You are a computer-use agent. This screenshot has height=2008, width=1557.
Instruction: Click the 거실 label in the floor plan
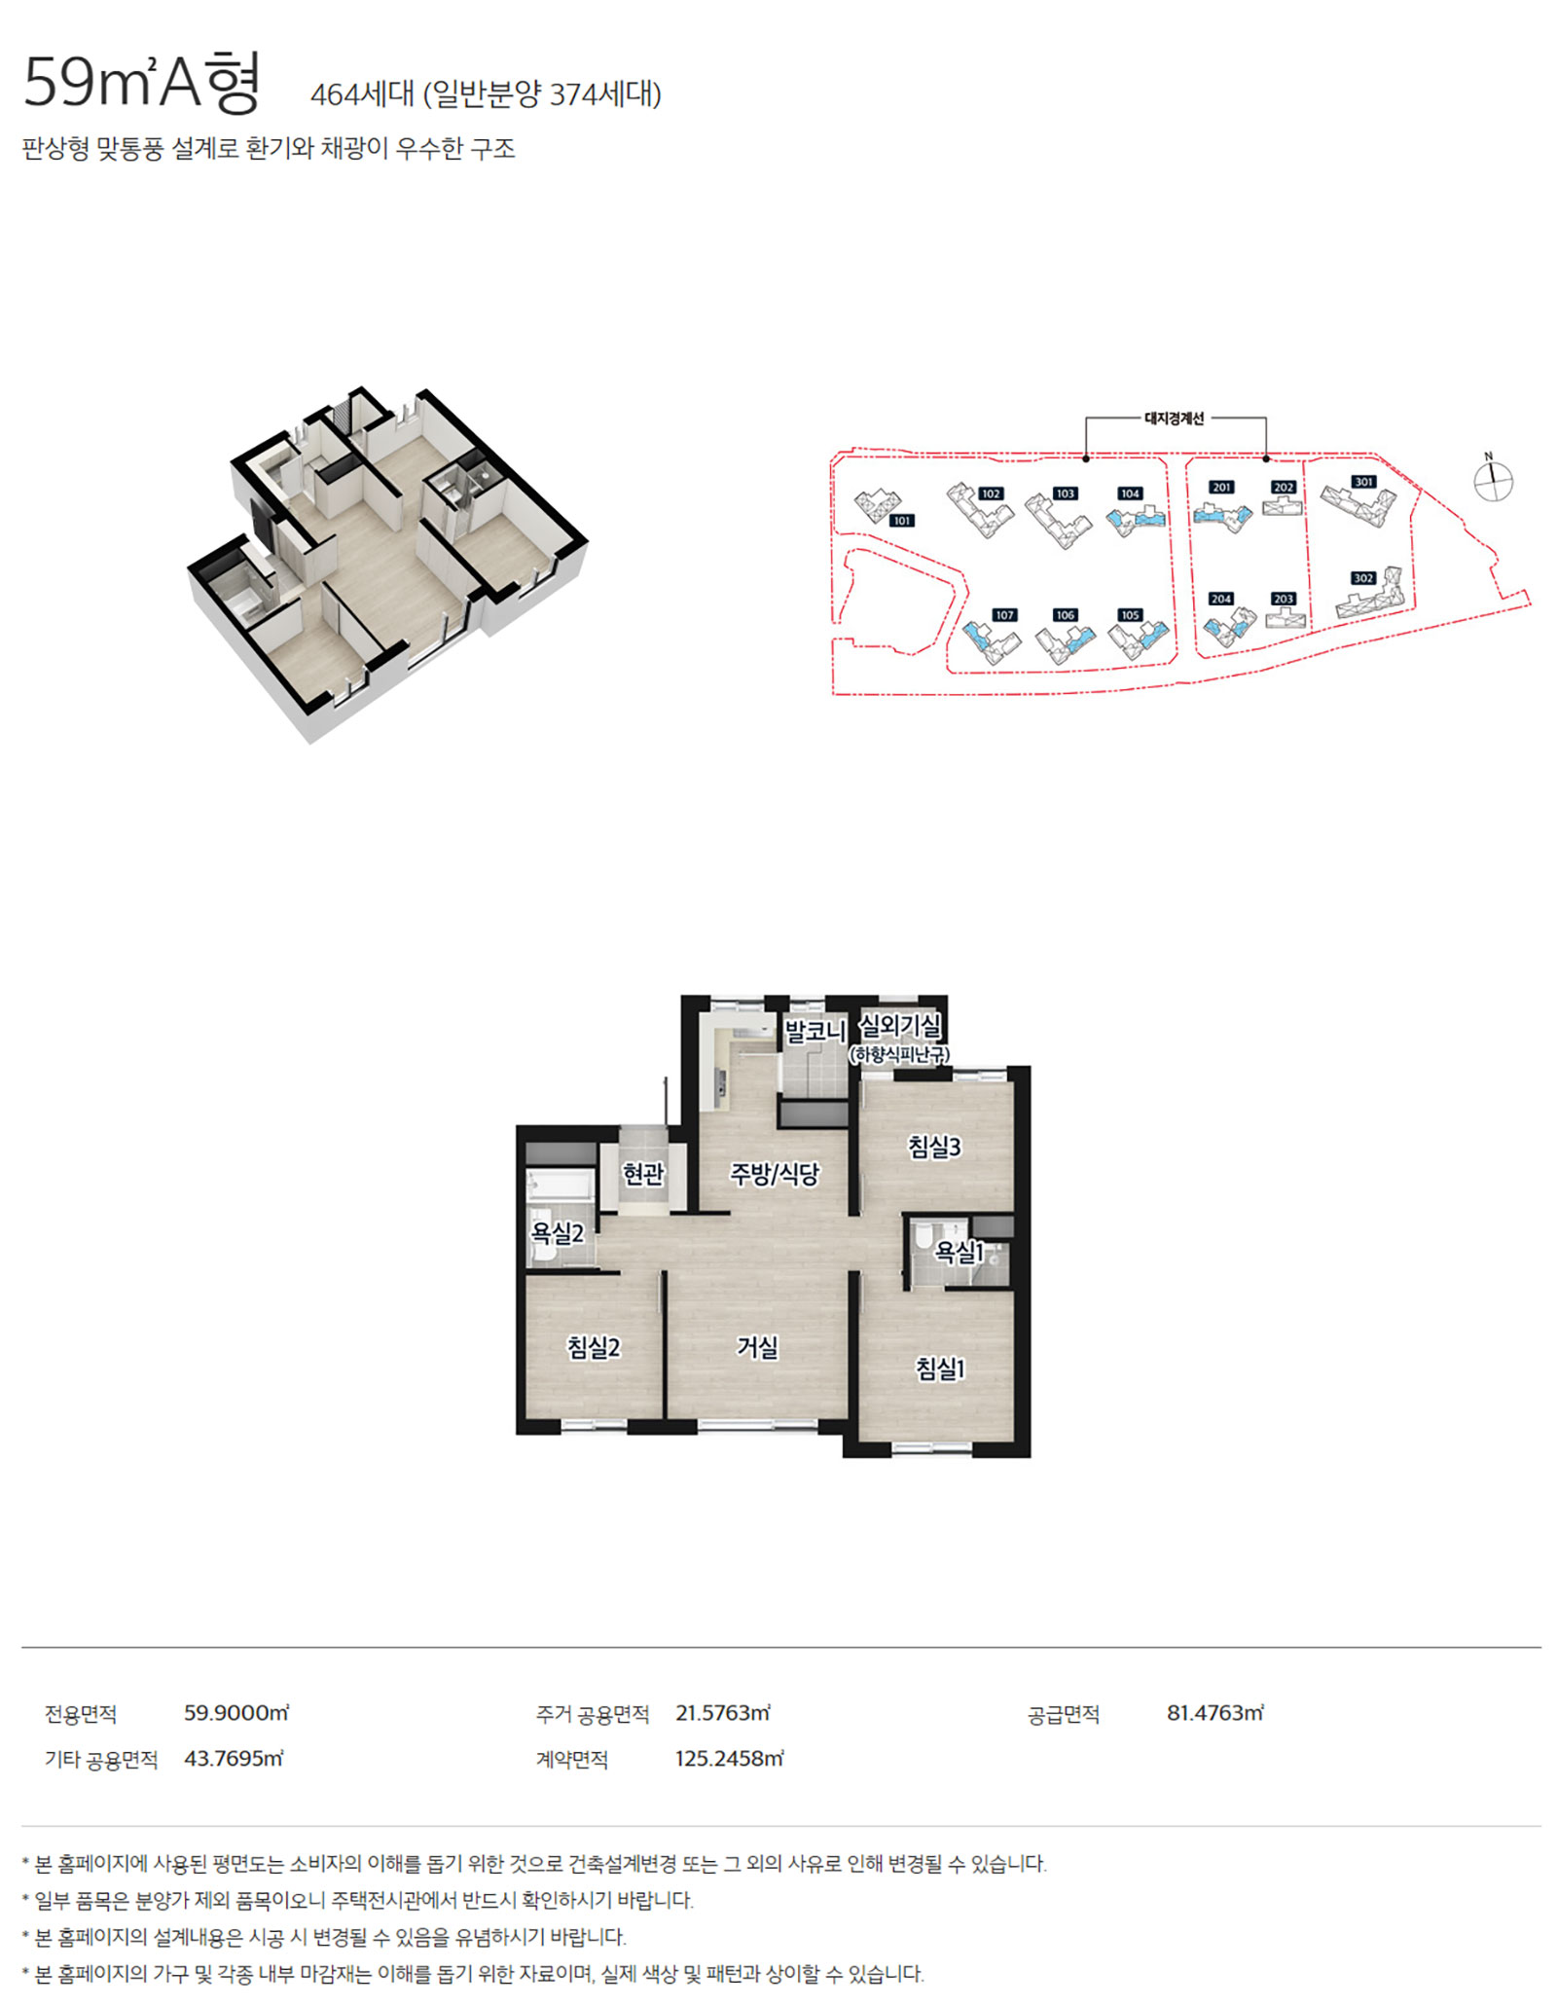[x=757, y=1347]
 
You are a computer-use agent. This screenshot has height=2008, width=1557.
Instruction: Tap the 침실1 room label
[x=940, y=1369]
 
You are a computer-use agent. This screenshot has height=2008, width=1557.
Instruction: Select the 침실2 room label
[x=594, y=1347]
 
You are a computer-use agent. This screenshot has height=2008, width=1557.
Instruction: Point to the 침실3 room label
[x=934, y=1147]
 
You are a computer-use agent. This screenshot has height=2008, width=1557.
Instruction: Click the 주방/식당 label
[x=775, y=1174]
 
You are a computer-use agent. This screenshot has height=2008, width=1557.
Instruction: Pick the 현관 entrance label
[x=643, y=1174]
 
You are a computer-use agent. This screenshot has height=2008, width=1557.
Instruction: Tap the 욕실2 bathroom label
[x=557, y=1233]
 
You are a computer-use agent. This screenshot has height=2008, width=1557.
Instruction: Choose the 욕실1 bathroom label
[x=960, y=1251]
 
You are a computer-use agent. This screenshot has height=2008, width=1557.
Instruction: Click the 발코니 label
[x=815, y=1031]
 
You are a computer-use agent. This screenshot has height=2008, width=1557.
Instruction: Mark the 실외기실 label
[x=900, y=1025]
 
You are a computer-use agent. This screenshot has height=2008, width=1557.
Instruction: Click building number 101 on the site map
[x=902, y=521]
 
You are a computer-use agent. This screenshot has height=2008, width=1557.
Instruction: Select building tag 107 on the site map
[x=1004, y=615]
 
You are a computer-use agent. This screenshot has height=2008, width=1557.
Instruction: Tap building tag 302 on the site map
[x=1363, y=578]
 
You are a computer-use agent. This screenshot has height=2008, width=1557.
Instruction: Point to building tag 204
[x=1221, y=599]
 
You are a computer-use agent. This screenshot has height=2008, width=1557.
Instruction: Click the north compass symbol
[x=1493, y=479]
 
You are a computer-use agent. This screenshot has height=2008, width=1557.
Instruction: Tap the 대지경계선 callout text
[x=1175, y=419]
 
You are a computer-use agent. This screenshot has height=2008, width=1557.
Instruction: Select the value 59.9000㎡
[x=236, y=1713]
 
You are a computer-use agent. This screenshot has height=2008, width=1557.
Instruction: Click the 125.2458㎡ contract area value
[x=729, y=1759]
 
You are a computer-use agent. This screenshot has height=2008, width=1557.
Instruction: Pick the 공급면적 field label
[x=1064, y=1714]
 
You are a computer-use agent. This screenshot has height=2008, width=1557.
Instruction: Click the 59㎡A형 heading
[x=142, y=82]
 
